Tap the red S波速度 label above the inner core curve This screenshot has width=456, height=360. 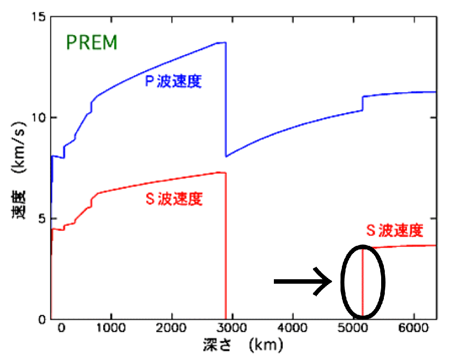coord(395,231)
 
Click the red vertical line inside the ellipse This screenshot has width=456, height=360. coord(362,283)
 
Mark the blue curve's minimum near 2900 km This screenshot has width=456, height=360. coord(226,156)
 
